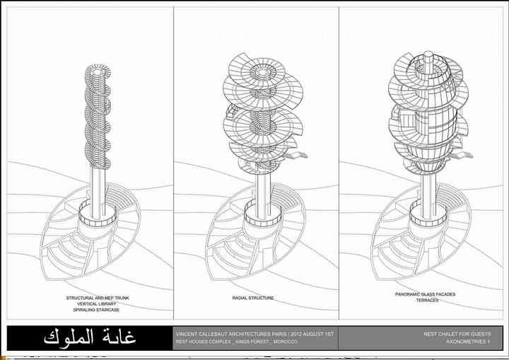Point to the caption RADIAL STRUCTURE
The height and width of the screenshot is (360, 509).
point(253,298)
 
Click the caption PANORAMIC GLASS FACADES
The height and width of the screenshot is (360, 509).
point(426,294)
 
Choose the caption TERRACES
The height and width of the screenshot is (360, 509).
point(426,300)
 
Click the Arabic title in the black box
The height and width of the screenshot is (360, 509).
point(90,337)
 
